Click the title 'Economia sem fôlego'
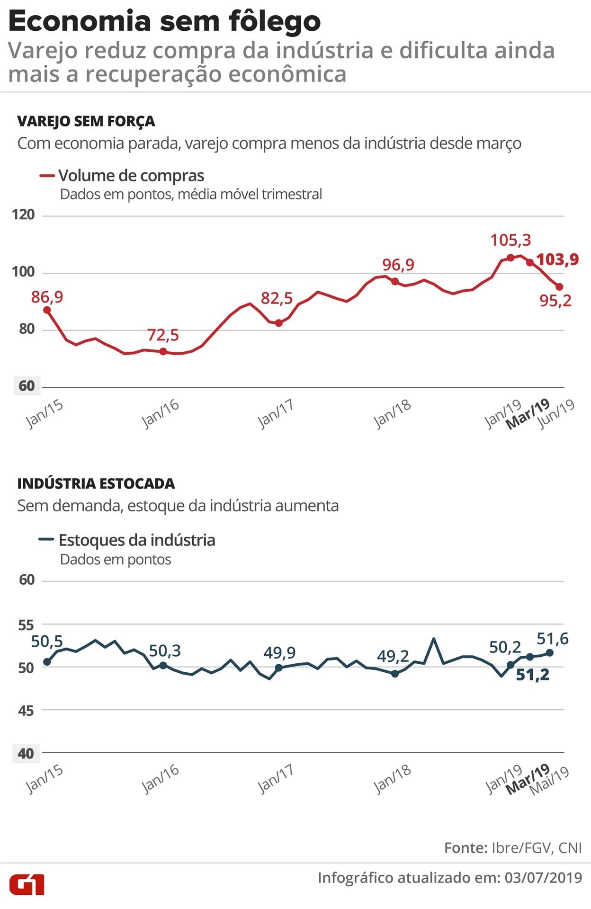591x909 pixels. [164, 22]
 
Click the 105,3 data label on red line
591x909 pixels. [510, 240]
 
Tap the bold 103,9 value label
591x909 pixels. [557, 259]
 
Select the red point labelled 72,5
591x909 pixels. [163, 351]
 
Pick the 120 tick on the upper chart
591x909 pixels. [23, 215]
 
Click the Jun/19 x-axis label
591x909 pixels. [558, 413]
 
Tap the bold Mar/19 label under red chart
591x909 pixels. [528, 414]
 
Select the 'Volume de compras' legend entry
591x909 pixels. [131, 176]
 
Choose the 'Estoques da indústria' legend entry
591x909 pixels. [136, 540]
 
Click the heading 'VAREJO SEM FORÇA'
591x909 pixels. [86, 121]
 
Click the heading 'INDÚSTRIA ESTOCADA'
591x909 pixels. [96, 483]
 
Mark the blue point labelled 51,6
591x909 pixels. [550, 652]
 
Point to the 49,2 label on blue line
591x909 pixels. [393, 656]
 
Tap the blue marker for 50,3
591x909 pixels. [163, 665]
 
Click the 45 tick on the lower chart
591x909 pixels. [27, 710]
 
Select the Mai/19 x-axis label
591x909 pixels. [549, 780]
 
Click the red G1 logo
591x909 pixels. [27, 883]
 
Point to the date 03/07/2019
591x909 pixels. [543, 877]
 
